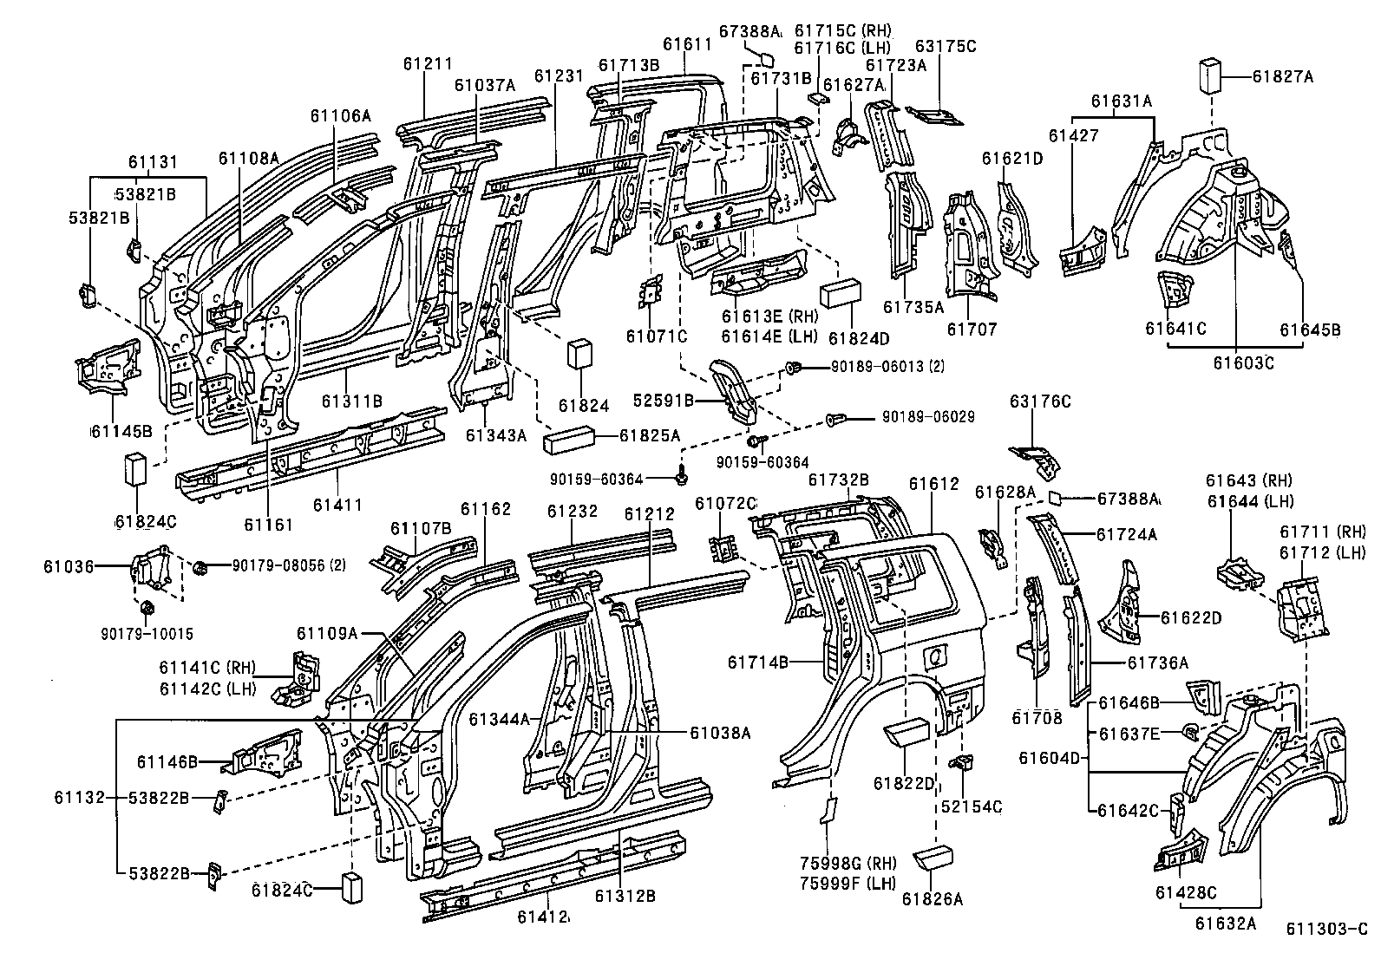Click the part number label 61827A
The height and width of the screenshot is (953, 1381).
click(x=1282, y=76)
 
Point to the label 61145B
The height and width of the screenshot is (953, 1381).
click(x=122, y=431)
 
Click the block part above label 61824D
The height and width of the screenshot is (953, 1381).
click(x=838, y=293)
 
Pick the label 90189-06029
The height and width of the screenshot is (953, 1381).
click(x=928, y=417)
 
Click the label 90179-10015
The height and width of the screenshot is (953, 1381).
click(x=146, y=634)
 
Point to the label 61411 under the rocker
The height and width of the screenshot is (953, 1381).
click(x=337, y=505)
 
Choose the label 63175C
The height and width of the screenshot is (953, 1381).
click(x=946, y=47)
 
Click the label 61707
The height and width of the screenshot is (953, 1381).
click(x=972, y=330)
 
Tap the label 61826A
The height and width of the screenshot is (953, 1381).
click(x=932, y=899)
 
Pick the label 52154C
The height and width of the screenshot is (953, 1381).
click(x=971, y=806)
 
